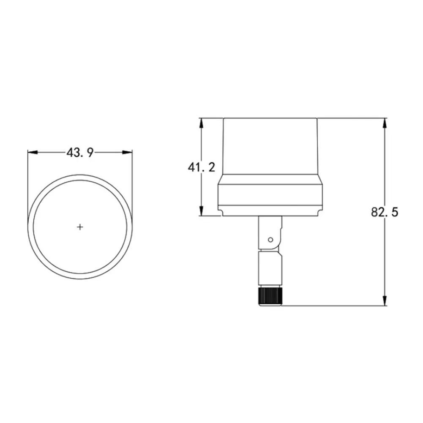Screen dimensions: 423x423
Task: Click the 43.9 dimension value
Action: tap(80, 153)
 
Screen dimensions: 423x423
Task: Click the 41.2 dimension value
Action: tap(202, 167)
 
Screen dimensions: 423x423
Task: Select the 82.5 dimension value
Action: tap(385, 212)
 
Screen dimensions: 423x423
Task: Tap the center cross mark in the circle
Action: tap(80, 227)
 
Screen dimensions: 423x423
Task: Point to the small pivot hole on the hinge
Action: tap(270, 240)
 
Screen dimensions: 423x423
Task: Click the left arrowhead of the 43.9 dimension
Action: tap(33, 153)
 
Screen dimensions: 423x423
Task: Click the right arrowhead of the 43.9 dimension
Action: tap(127, 153)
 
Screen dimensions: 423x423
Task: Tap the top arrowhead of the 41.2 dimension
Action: tap(201, 123)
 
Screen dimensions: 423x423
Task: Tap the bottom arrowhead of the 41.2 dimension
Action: tap(201, 211)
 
